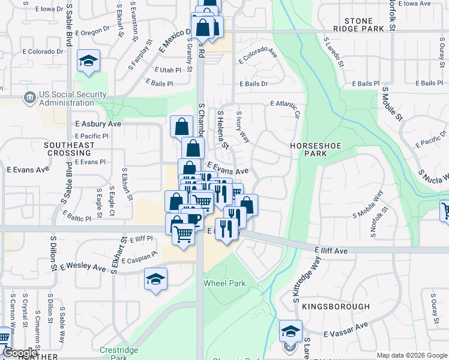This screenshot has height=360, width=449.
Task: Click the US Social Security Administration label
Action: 73,99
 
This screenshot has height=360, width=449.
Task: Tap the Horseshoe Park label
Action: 309,149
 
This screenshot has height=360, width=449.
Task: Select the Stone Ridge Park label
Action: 364,25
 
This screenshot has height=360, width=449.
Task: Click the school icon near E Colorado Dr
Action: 88,61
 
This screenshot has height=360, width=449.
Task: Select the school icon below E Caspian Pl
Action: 155,279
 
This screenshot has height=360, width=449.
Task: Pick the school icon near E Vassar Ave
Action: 291,331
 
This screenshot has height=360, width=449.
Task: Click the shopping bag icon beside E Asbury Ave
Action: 181,127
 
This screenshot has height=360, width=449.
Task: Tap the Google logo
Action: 19,353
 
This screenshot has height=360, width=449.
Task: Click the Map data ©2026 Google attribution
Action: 412,355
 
